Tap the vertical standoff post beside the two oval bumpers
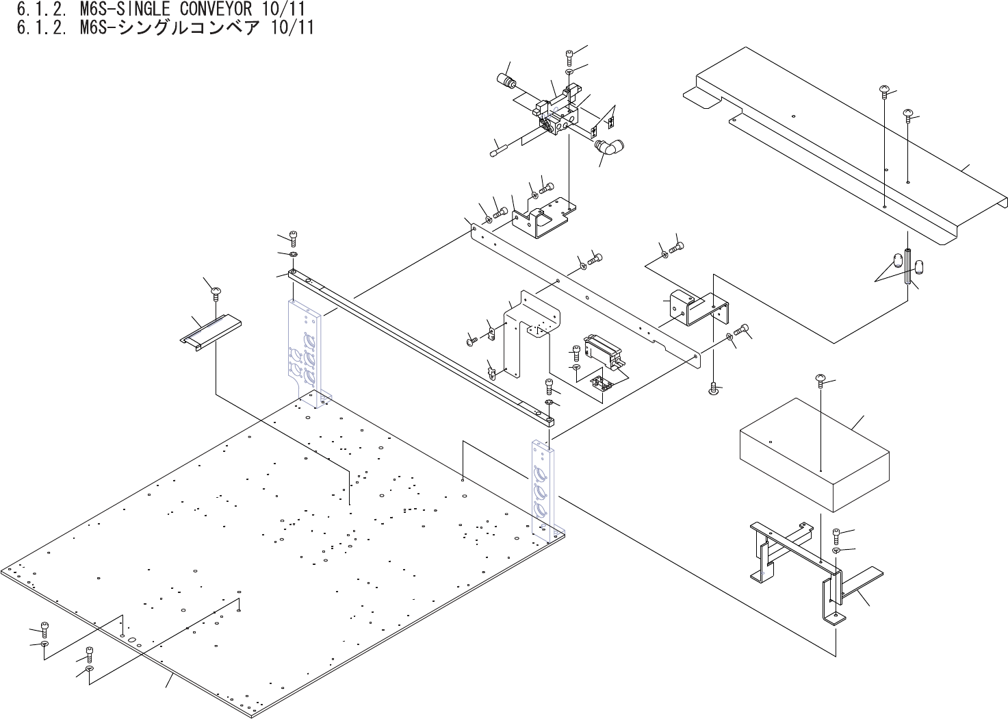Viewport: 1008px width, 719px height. tap(908, 267)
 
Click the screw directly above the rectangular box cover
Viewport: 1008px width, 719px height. tap(821, 380)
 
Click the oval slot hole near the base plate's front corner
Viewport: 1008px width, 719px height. tap(133, 643)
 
